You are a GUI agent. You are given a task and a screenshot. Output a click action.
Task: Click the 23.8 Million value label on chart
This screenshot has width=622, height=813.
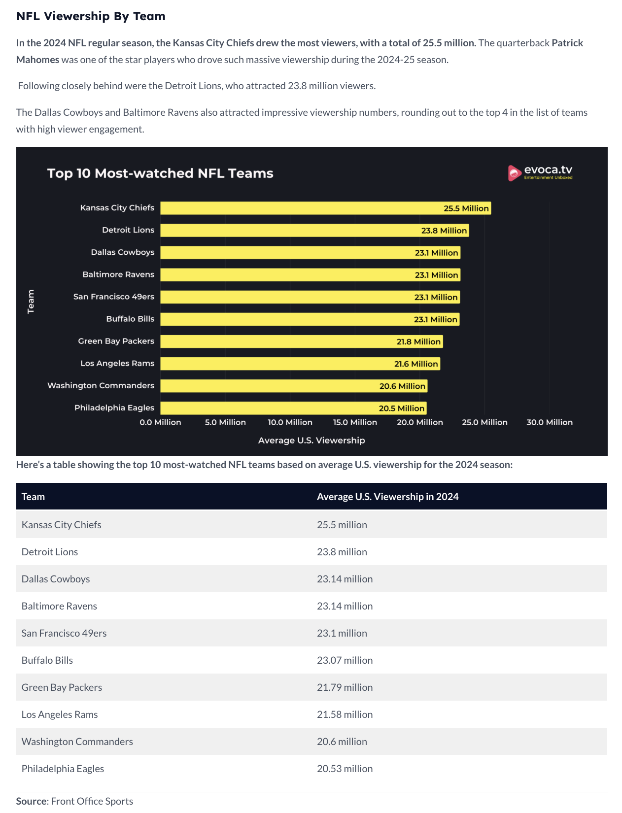[x=444, y=231]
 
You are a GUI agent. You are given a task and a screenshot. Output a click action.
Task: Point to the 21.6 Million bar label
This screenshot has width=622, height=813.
[x=416, y=364]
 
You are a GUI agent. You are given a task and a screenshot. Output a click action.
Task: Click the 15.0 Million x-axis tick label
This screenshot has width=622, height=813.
[x=355, y=422]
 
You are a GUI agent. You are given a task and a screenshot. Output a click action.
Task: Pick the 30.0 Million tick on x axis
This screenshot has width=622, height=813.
[x=549, y=422]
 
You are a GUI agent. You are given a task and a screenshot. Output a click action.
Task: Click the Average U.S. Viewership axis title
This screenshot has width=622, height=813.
[x=311, y=440]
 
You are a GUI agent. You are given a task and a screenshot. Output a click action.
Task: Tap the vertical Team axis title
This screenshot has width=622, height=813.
[x=31, y=302]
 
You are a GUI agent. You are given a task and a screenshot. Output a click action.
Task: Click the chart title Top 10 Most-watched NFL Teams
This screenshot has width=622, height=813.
[x=160, y=173]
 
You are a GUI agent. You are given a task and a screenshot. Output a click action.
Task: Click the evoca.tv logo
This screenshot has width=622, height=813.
[x=540, y=172]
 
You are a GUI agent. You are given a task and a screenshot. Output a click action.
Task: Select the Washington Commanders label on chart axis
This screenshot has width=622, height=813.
[x=101, y=386]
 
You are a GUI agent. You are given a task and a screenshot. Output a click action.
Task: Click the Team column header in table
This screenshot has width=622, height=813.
[x=33, y=497]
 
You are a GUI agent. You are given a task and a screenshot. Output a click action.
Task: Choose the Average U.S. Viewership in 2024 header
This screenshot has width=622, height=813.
[x=387, y=497]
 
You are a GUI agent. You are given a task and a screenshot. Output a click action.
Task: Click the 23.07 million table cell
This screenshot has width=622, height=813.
[x=345, y=660]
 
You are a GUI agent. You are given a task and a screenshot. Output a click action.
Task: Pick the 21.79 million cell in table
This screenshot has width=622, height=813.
[x=345, y=687]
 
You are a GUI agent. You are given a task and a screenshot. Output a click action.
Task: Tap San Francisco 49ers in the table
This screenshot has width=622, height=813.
[x=64, y=633]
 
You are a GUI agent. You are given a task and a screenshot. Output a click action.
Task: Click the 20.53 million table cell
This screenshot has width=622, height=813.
[x=345, y=769]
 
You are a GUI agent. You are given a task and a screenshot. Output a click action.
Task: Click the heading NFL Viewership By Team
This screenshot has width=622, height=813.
[x=91, y=16]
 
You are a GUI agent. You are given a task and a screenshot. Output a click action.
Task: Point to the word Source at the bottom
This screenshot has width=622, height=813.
[x=32, y=801]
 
